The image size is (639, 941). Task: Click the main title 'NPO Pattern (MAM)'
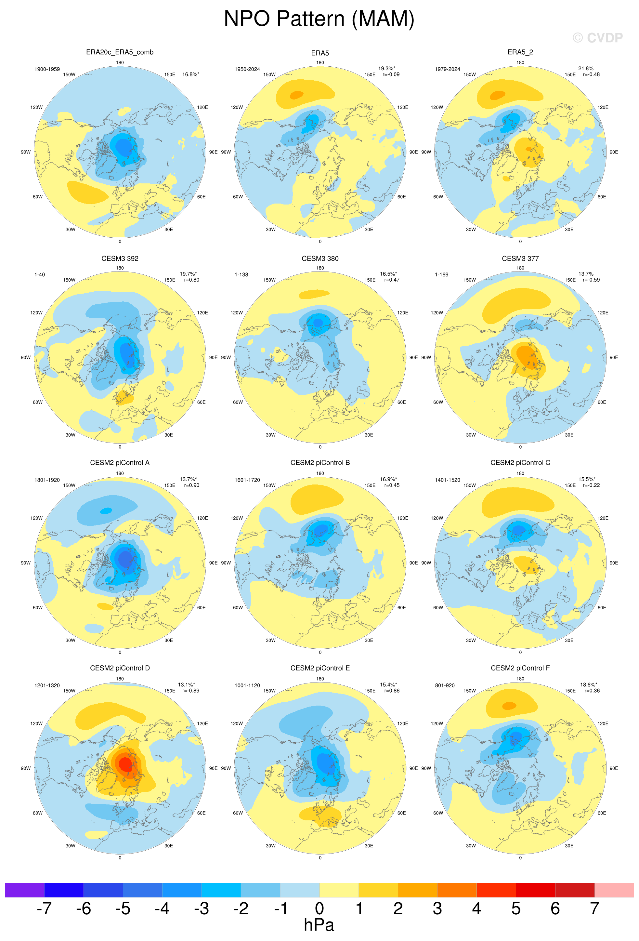319,19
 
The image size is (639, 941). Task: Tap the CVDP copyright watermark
597,38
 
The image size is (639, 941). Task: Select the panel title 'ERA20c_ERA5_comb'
120,52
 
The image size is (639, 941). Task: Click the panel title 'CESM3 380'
320,258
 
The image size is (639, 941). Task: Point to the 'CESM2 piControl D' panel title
120,668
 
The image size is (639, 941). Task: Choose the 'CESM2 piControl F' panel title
520,668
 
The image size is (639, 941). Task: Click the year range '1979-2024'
448,69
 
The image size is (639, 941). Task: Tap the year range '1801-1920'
47,480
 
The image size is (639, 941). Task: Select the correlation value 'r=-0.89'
190,691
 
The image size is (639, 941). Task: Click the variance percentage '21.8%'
586,68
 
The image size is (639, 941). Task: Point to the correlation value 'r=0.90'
191,485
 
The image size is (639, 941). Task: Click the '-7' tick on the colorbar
44,908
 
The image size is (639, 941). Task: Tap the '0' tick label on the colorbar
319,908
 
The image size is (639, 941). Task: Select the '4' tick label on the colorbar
476,908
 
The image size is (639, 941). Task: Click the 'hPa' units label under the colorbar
319,925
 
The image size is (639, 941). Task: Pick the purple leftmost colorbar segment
25,890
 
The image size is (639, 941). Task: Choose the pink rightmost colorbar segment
614,890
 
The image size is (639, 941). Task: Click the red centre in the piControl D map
125,764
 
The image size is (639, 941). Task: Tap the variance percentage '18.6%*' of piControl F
588,685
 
